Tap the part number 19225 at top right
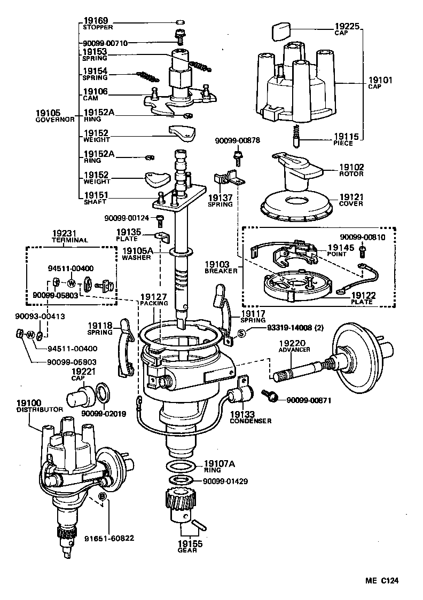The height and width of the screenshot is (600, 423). [347, 25]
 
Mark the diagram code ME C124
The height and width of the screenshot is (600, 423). [382, 581]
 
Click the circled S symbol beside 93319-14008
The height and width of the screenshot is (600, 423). [241, 333]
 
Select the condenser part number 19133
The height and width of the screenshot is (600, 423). [243, 413]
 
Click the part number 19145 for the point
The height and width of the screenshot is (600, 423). [340, 248]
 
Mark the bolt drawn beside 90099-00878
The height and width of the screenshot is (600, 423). [237, 157]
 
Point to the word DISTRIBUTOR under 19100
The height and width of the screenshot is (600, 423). [40, 409]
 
